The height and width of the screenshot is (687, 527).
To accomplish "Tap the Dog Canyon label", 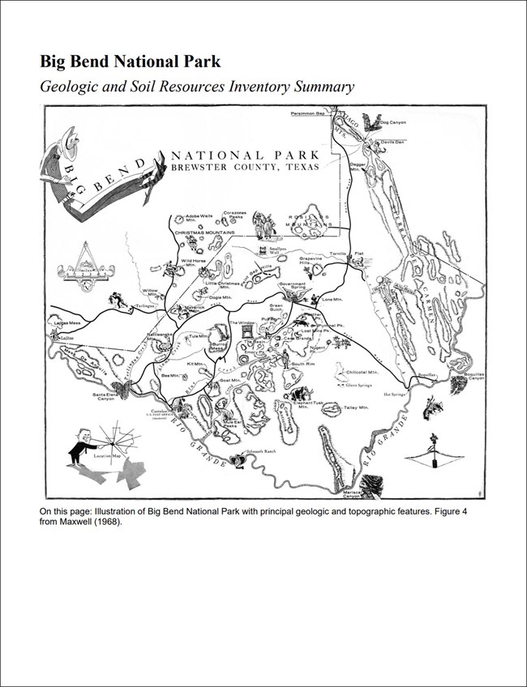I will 393,122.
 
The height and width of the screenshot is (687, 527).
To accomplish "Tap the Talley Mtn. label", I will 356,408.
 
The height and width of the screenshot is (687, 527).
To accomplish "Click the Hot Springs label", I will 395,395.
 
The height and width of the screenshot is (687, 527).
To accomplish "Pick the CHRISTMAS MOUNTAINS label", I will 203,231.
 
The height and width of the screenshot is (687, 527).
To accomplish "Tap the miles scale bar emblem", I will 85,271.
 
